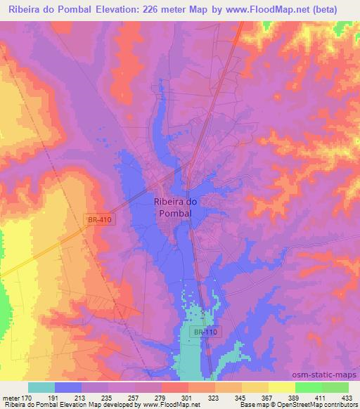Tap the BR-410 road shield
[x=100, y=220]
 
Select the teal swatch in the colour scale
[x=41, y=387]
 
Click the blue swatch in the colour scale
[x=68, y=387]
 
